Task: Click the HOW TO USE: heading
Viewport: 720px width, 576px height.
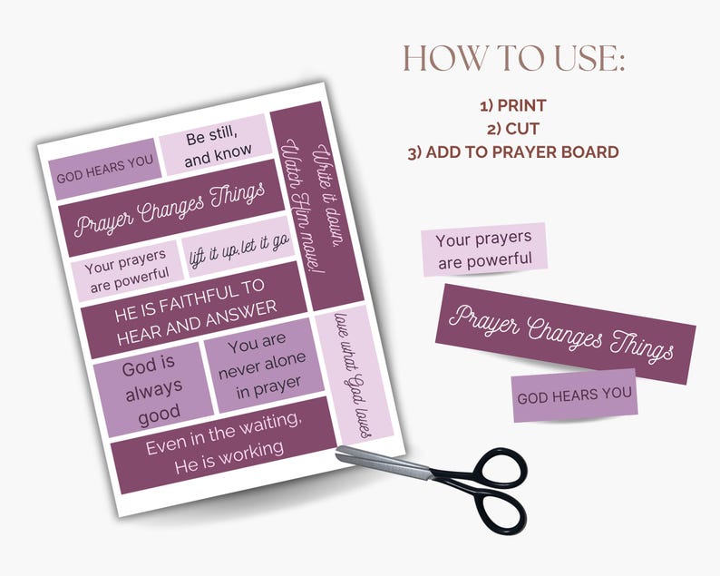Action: tap(515, 59)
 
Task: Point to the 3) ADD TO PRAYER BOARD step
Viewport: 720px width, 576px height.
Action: tap(513, 152)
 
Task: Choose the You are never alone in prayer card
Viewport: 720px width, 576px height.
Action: tap(263, 366)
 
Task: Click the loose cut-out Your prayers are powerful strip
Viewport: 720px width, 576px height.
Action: tap(484, 249)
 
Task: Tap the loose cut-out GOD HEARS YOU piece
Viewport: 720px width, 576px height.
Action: tap(575, 396)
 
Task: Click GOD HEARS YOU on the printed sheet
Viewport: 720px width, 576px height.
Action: tap(104, 171)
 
